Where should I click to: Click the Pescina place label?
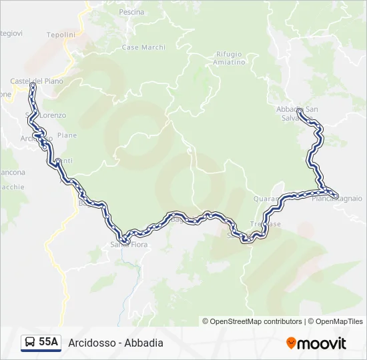[131, 12]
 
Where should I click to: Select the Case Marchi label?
[143, 47]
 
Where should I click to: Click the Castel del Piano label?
[36, 81]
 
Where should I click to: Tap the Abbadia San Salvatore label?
[297, 113]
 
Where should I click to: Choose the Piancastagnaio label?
[337, 198]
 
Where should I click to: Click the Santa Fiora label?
[129, 245]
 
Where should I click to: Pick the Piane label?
[67, 135]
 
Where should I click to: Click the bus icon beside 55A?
[30, 343]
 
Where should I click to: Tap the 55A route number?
[48, 343]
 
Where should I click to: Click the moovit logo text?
[322, 343]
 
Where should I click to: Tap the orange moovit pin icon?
[291, 343]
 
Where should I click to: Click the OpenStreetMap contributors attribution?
[256, 321]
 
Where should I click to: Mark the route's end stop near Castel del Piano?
[32, 85]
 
